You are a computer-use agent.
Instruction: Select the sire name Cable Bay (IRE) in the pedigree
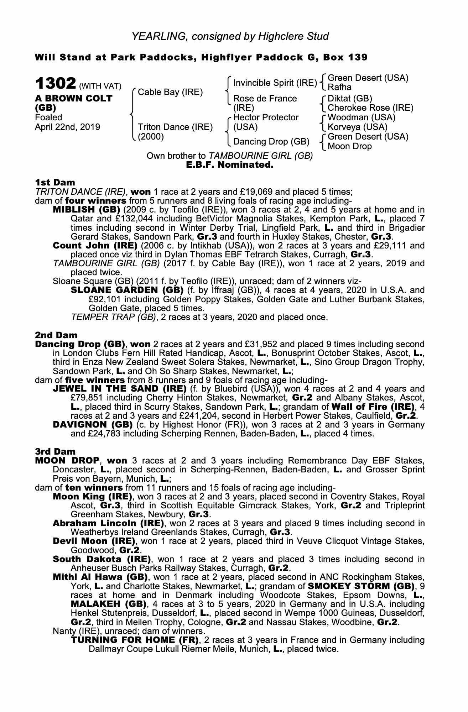tap(170, 92)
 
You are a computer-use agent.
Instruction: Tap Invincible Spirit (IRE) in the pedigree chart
tap(275, 83)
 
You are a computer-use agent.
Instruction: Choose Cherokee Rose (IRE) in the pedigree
tap(370, 108)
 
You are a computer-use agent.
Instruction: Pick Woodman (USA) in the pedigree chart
tap(361, 117)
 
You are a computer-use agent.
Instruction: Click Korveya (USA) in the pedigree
tap(357, 127)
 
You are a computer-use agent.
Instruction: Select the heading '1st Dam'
tap(55, 183)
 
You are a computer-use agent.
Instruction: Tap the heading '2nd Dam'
tap(56, 335)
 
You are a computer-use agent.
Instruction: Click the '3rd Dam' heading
tap(56, 451)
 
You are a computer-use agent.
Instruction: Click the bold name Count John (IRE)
tap(95, 246)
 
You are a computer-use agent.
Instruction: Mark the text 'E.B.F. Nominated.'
tap(230, 165)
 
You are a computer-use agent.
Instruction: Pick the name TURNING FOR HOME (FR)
tap(135, 640)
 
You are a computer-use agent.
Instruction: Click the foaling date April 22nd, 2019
tap(67, 127)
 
